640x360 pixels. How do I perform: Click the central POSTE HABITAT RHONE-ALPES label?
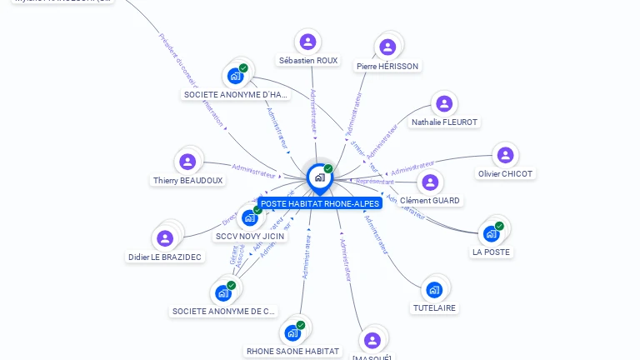(x=320, y=203)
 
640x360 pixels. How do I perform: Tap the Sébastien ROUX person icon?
(x=308, y=42)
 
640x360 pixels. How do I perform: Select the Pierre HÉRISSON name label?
(x=387, y=66)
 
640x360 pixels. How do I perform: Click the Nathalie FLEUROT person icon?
(x=444, y=103)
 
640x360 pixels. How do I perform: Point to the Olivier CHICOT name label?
(x=506, y=174)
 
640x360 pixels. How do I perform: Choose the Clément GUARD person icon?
(x=430, y=182)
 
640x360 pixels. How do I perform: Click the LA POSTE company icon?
(x=492, y=232)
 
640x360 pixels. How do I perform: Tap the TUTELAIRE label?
(x=435, y=307)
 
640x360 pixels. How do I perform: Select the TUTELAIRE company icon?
(x=434, y=289)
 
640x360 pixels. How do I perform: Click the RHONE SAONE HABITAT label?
(x=293, y=351)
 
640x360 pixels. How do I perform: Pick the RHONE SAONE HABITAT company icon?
(x=292, y=332)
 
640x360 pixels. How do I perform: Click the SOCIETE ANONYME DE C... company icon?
(x=223, y=292)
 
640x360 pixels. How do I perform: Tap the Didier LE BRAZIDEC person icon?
(x=165, y=238)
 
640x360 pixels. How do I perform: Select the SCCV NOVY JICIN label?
(x=250, y=236)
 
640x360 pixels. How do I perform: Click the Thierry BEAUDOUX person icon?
(x=187, y=162)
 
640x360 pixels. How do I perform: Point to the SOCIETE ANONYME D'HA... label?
(x=235, y=95)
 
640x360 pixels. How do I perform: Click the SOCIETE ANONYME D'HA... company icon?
(x=236, y=76)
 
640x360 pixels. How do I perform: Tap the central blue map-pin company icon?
(x=319, y=177)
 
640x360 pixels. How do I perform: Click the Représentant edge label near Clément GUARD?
(x=375, y=182)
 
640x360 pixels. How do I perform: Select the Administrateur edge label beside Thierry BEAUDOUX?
(x=253, y=171)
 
